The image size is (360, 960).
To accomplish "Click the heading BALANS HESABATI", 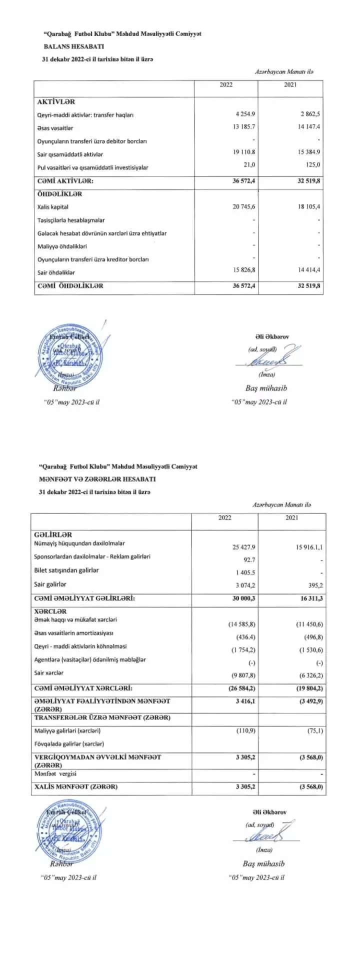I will (73, 46).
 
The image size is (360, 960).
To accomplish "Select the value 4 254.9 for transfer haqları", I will (244, 114).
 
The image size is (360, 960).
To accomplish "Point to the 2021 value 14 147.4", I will (308, 127).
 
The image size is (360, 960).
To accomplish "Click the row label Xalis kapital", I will (53, 207).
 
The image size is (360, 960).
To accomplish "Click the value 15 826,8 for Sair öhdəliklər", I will (244, 270).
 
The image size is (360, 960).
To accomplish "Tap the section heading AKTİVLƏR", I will (56, 102).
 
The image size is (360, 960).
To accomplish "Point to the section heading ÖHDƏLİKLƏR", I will (59, 194).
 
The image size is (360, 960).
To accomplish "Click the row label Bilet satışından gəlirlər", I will (66, 570).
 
